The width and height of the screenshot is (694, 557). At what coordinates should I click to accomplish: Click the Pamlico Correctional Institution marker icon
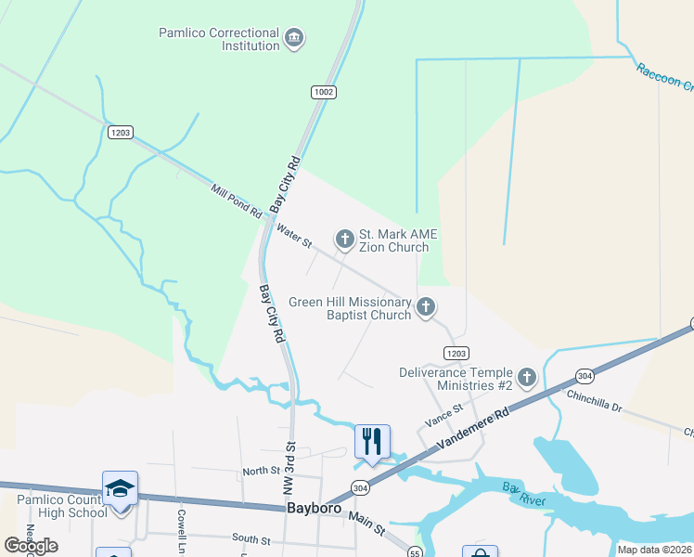[294, 38]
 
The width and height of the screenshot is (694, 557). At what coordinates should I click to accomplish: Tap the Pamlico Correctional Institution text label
[220, 39]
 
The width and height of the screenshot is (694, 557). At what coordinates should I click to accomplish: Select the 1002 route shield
[324, 92]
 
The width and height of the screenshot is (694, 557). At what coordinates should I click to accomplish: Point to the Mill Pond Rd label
[237, 201]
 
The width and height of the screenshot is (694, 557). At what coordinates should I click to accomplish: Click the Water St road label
[293, 234]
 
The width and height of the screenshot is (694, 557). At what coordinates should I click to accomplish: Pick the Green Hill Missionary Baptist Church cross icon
[426, 306]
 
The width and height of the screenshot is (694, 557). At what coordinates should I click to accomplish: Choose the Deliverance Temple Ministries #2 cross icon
[527, 377]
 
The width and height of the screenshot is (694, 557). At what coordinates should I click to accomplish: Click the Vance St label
[444, 415]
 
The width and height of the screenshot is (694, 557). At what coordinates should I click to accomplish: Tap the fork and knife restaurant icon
[372, 440]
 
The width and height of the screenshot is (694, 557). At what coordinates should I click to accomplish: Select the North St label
[261, 472]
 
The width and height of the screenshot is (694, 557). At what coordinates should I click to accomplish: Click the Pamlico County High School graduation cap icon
[120, 487]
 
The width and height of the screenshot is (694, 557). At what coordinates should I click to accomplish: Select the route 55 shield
[415, 552]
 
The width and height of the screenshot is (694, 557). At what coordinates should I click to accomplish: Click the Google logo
[31, 546]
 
